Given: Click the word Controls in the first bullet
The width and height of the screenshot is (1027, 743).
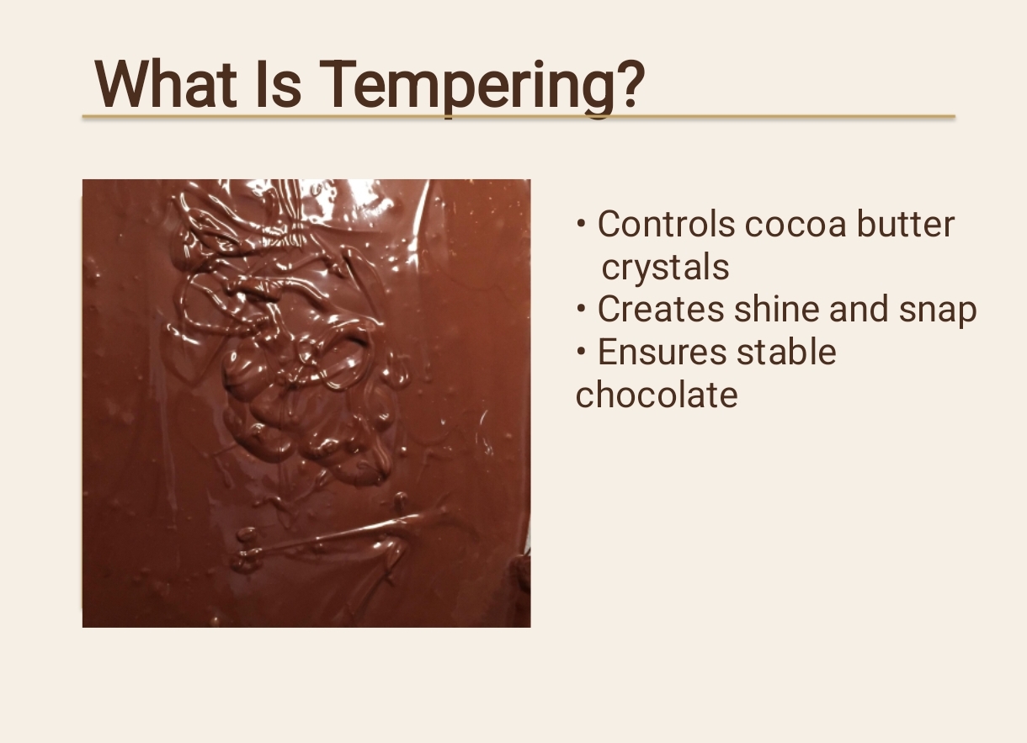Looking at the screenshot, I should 666,225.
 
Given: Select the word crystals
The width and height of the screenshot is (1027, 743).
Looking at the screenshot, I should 665,268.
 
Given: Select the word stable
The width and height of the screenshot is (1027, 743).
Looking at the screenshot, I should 787,352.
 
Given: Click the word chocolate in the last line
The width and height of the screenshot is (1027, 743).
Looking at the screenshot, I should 657,395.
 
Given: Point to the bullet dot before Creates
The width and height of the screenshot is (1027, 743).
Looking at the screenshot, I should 581,310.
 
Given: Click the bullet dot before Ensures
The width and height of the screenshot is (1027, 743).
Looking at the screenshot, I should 581,352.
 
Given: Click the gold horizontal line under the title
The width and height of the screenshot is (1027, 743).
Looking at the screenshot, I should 519,117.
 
